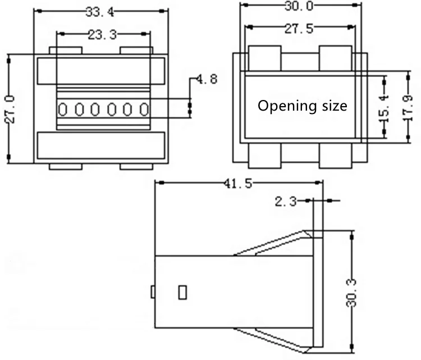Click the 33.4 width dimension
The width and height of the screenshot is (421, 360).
coord(100,12)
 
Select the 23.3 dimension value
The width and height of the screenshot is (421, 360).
coord(102,35)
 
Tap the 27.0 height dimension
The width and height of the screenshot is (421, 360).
coord(10,109)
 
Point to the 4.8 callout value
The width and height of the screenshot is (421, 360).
coord(207,79)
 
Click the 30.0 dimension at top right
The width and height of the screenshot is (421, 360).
coord(299,6)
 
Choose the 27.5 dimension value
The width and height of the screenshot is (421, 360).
coord(299,29)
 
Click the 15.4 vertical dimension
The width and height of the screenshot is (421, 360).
coord(384,108)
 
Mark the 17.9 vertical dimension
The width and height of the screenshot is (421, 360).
coord(408,108)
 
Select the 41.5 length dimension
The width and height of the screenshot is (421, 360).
coord(238,184)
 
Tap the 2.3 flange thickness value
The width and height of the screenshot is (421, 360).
coord(286,201)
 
